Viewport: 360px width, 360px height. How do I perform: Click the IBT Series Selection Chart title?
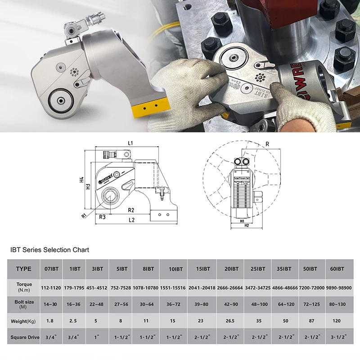coord(50,250)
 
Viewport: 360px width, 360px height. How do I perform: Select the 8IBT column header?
coord(148,269)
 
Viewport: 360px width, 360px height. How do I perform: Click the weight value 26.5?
coord(231,321)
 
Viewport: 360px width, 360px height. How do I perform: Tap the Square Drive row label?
coord(23,337)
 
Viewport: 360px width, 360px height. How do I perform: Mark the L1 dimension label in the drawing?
coord(130,143)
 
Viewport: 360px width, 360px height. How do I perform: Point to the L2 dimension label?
coord(131,220)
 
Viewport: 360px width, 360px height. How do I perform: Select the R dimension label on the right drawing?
coord(267,144)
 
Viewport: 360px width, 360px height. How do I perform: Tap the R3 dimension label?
coord(103,217)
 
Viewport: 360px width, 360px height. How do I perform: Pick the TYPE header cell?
coord(23,269)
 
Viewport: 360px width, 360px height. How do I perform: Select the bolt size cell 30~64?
coord(148,305)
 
